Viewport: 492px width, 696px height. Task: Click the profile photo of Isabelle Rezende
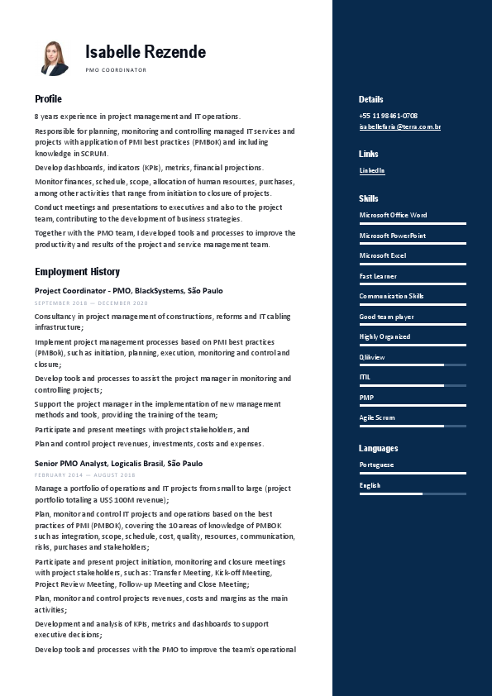click(x=55, y=58)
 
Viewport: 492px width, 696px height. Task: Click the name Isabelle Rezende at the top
click(x=146, y=52)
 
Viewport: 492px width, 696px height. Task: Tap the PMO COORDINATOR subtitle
click(x=116, y=70)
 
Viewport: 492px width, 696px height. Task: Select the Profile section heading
click(x=48, y=99)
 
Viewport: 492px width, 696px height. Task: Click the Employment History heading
click(x=77, y=272)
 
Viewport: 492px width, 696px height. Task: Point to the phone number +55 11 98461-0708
click(x=388, y=116)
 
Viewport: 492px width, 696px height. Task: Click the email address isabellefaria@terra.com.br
click(x=399, y=126)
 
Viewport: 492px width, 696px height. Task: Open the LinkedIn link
click(x=372, y=170)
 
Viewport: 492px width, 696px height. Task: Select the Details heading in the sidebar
click(x=371, y=99)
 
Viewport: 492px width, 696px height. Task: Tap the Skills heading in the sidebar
click(x=369, y=198)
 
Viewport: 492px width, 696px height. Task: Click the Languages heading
click(x=379, y=448)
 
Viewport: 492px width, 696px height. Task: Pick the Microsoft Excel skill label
click(x=383, y=256)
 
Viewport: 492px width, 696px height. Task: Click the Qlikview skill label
click(x=372, y=357)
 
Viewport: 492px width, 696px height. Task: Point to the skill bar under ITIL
click(x=413, y=385)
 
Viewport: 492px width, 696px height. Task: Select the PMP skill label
click(x=366, y=398)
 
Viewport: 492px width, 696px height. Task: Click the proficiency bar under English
click(x=413, y=493)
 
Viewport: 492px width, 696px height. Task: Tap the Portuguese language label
click(x=376, y=465)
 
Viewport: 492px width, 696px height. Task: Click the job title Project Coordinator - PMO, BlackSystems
click(x=128, y=291)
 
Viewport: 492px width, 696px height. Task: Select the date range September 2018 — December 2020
click(x=91, y=303)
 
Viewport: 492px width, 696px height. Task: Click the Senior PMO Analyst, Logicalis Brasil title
click(x=118, y=464)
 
